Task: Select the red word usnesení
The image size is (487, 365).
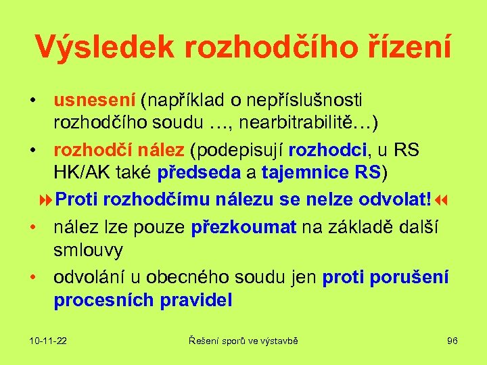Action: [94, 101]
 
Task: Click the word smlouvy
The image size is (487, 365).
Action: [88, 250]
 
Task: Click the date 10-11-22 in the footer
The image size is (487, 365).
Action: [48, 341]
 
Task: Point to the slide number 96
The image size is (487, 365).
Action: [452, 341]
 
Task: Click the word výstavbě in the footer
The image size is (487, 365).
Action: [278, 341]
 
